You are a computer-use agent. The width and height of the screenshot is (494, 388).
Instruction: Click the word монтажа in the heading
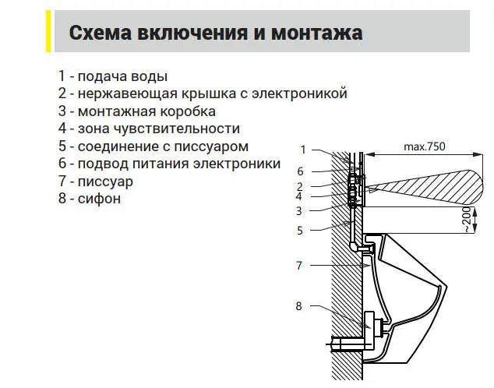[x=316, y=33]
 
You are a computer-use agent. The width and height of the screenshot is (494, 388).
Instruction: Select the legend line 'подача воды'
[x=122, y=76]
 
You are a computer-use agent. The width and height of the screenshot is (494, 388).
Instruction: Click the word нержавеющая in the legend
[x=128, y=93]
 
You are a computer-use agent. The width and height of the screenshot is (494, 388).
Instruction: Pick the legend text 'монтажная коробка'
[x=146, y=111]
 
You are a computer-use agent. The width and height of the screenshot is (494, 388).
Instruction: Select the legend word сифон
[x=99, y=199]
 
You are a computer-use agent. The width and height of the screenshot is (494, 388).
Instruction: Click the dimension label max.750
[x=425, y=146]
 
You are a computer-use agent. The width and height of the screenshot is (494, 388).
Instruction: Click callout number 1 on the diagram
[x=303, y=150]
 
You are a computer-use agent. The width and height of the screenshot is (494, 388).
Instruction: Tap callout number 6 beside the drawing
[x=300, y=171]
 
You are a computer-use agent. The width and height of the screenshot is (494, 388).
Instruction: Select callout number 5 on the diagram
[x=300, y=231]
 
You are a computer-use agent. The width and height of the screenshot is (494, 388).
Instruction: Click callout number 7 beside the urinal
[x=299, y=266]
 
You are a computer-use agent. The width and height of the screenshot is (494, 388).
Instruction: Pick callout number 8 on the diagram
[x=298, y=305]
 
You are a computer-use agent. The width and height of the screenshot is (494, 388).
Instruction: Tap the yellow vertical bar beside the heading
[x=48, y=31]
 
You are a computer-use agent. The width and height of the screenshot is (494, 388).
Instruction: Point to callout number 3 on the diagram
[x=299, y=210]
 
